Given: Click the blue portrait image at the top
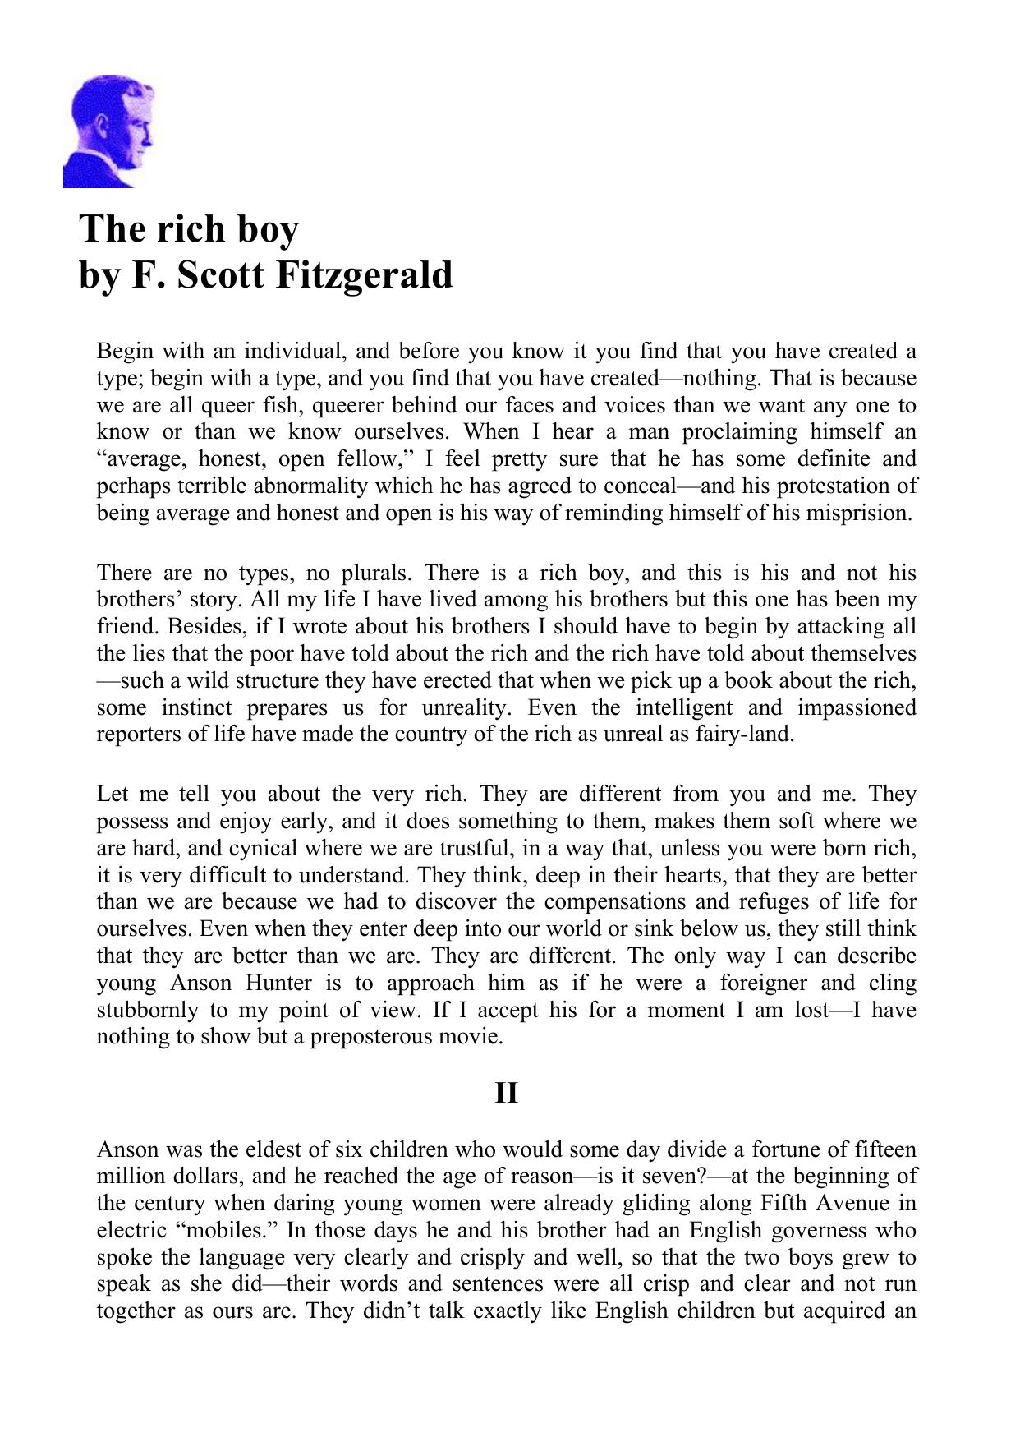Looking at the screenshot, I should click(108, 131).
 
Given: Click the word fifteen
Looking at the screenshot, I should click(882, 1150).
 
